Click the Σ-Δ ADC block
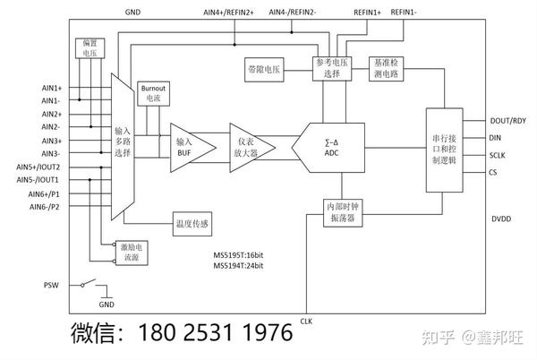(333, 147)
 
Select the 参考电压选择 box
(333, 68)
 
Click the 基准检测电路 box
(388, 68)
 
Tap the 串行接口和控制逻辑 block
(446, 149)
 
